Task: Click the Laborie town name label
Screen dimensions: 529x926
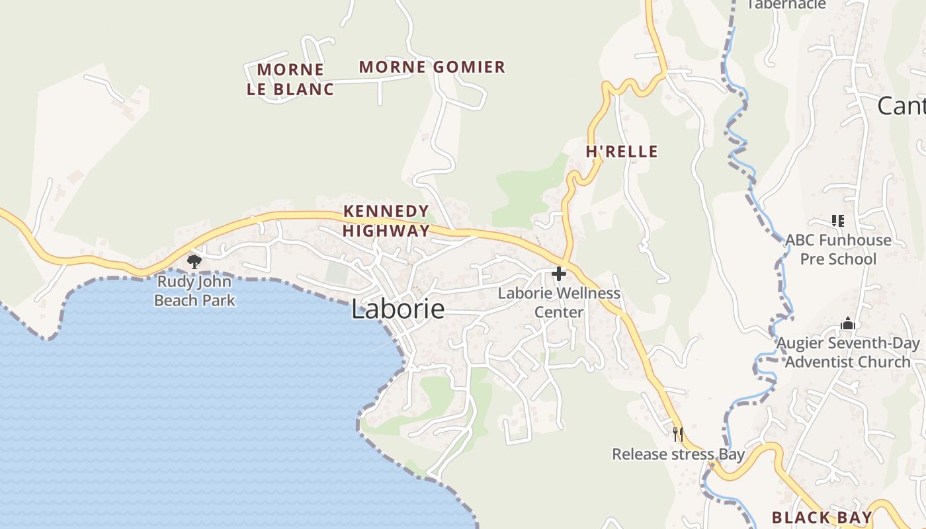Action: pos(398,309)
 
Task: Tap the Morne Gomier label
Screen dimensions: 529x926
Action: pos(432,67)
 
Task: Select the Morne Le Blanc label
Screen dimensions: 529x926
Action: pos(290,79)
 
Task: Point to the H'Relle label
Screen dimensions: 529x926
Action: pos(622,151)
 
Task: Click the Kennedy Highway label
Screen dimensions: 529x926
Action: pos(386,221)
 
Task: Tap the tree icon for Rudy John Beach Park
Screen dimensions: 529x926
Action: pos(194,262)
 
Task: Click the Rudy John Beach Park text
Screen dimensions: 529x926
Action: pos(194,291)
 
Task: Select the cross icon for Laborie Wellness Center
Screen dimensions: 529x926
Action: pos(559,273)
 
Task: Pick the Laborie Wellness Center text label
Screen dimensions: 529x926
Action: pos(559,302)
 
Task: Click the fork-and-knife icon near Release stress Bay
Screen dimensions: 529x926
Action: pos(677,434)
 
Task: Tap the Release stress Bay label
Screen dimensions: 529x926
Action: pos(678,454)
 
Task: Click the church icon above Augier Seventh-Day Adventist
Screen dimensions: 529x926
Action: pos(848,324)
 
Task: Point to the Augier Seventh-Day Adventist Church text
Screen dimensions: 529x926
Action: pos(848,352)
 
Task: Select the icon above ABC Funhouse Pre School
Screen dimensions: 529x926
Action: pos(838,221)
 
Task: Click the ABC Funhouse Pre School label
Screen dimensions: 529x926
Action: pos(838,249)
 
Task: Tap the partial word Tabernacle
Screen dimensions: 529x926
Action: pos(786,5)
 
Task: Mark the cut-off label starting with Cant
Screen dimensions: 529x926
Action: pos(901,106)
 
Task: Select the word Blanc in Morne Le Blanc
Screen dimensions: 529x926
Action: pos(308,89)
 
